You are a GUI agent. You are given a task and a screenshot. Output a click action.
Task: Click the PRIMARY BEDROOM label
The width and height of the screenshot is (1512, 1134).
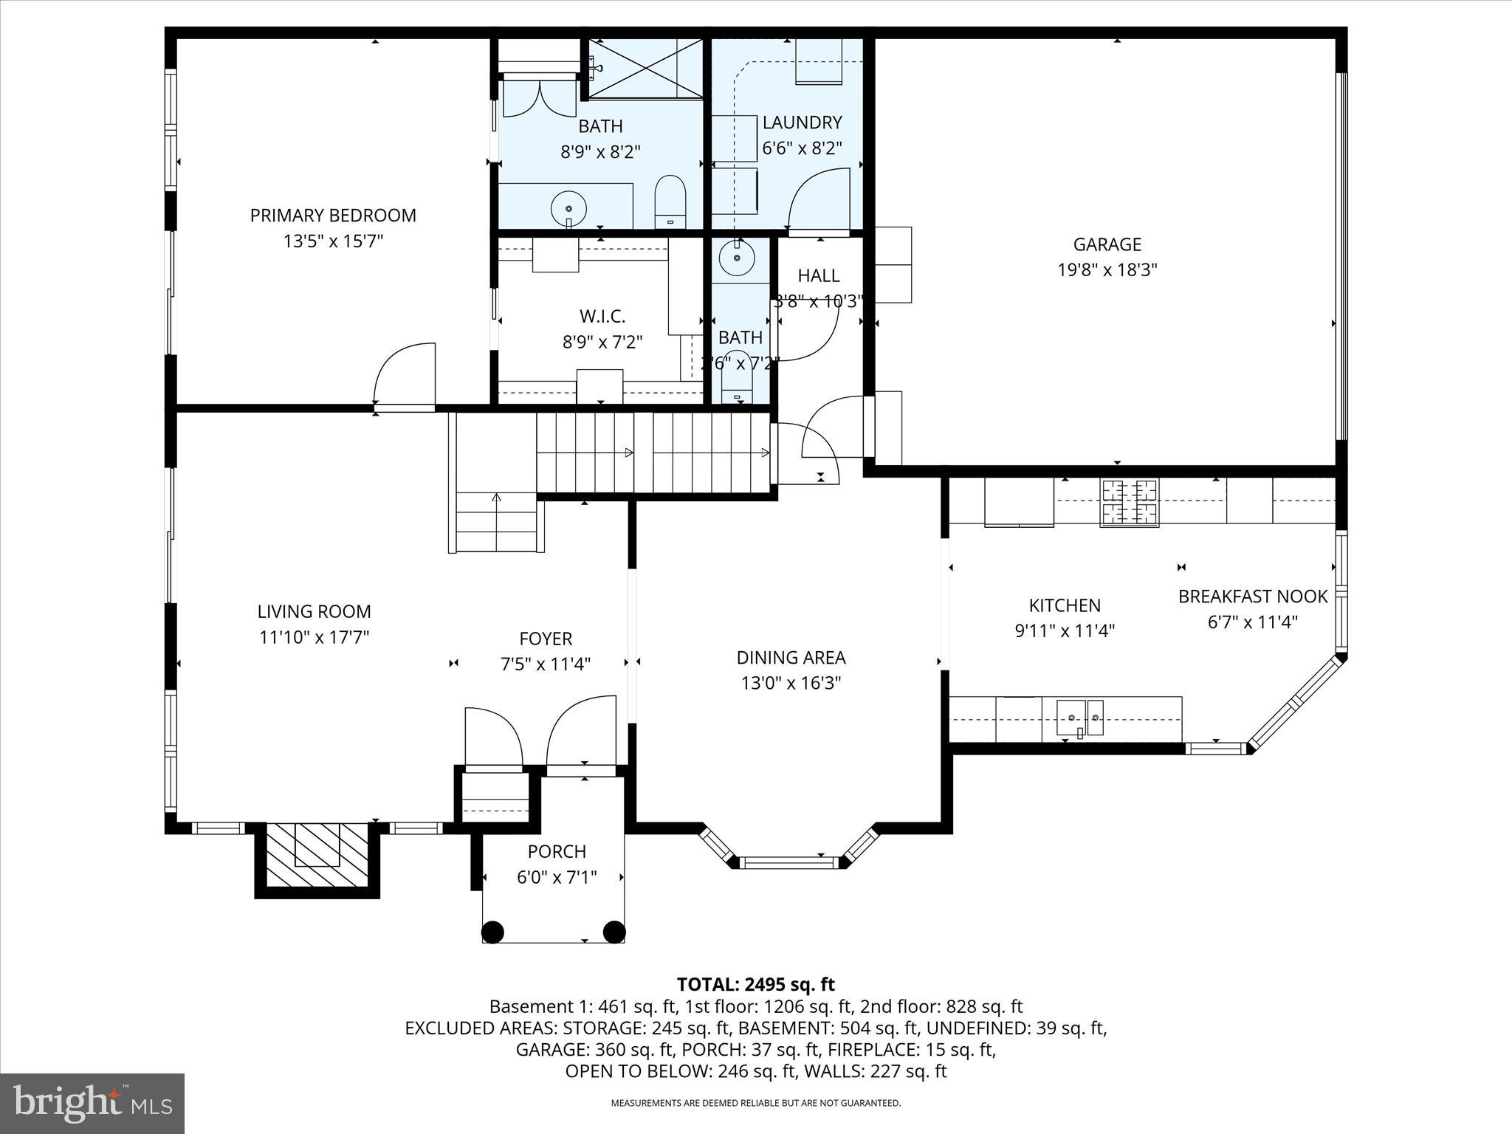(333, 216)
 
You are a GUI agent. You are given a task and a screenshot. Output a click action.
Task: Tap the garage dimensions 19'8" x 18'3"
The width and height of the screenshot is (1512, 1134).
(1107, 270)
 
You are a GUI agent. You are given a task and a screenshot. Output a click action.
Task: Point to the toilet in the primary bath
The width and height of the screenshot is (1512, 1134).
(670, 202)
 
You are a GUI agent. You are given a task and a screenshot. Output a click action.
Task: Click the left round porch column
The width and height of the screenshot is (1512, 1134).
(492, 932)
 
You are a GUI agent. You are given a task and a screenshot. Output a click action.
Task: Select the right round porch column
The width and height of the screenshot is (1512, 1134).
(614, 932)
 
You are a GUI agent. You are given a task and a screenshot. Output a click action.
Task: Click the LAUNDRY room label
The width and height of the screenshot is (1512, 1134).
(802, 123)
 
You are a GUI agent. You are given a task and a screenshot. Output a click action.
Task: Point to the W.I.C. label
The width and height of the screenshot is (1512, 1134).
(602, 317)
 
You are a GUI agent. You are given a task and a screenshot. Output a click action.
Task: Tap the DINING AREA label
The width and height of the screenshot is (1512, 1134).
(791, 658)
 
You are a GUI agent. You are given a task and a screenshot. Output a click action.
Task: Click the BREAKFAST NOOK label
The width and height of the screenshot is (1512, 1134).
(1252, 597)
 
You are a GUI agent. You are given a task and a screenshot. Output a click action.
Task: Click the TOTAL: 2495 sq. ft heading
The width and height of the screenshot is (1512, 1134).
(755, 984)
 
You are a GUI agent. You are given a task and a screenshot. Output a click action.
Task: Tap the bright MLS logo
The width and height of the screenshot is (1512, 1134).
(92, 1103)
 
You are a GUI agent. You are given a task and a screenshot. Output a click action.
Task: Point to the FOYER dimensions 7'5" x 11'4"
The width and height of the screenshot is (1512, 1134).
(546, 664)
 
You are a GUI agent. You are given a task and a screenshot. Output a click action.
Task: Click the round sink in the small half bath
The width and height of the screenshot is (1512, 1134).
(737, 258)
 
